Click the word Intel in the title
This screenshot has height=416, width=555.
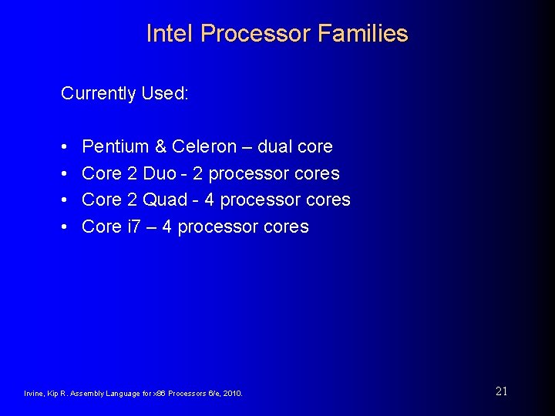[x=170, y=34]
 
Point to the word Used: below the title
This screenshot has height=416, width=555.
[x=165, y=94]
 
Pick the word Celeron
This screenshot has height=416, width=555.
[x=204, y=146]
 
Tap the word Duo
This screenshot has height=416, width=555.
[x=160, y=173]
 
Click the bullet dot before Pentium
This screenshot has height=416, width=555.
[x=66, y=147]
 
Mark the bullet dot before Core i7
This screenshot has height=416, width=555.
[x=66, y=227]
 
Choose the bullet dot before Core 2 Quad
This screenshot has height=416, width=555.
[x=66, y=200]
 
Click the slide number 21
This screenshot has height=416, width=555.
[x=501, y=391]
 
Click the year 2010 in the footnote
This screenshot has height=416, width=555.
[x=232, y=394]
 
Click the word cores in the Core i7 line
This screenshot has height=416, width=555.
[x=285, y=227]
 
